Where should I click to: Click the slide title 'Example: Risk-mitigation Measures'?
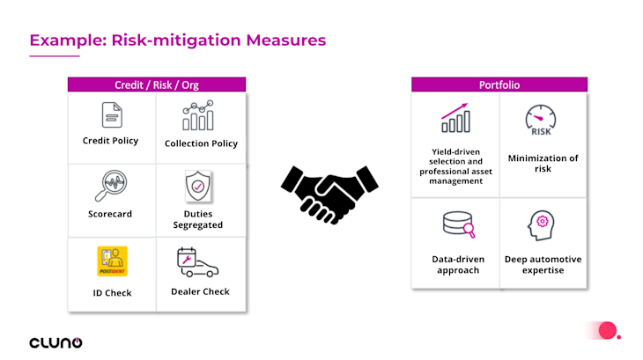(178, 40)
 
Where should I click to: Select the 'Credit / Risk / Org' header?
(157, 84)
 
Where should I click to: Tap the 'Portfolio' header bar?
(499, 84)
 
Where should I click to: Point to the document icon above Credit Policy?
(111, 115)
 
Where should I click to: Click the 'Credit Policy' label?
(111, 141)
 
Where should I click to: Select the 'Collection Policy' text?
(201, 143)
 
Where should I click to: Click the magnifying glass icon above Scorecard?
(111, 187)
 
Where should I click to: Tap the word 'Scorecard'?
(111, 214)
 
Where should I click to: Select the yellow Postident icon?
(112, 261)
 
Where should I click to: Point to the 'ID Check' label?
(112, 292)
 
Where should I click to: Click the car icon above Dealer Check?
(198, 262)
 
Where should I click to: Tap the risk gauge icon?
(542, 121)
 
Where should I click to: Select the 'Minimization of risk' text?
(543, 163)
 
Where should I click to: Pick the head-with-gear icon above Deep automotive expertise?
(543, 226)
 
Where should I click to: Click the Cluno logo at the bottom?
(55, 342)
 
